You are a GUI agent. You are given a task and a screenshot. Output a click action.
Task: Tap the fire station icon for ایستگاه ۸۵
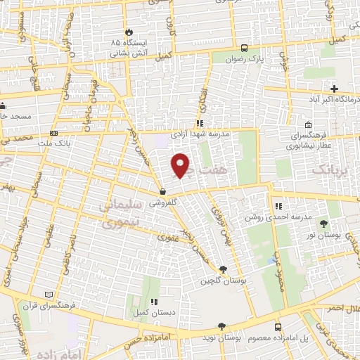click(129, 32)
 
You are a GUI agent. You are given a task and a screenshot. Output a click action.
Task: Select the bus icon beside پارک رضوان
click(244, 48)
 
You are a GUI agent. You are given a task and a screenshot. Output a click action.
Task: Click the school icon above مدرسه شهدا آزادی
click(200, 124)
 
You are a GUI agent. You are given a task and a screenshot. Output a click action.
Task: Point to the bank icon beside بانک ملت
click(54, 133)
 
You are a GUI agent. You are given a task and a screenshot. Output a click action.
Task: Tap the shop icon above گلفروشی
click(162, 191)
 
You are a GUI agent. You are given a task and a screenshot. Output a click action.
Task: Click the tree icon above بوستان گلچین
click(223, 269)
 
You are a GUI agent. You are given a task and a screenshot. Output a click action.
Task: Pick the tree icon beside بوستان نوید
click(222, 326)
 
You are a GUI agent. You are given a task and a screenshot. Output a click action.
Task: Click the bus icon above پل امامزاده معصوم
click(278, 328)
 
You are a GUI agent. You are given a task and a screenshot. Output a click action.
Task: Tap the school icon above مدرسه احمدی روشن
click(278, 206)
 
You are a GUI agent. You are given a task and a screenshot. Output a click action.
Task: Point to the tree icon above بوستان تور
click(323, 224)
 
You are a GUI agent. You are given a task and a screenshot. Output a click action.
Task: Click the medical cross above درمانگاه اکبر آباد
click(335, 89)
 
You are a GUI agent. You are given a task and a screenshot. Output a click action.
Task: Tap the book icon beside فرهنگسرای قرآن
click(48, 293)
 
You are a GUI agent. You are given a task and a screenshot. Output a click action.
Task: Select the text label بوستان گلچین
click(214, 281)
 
